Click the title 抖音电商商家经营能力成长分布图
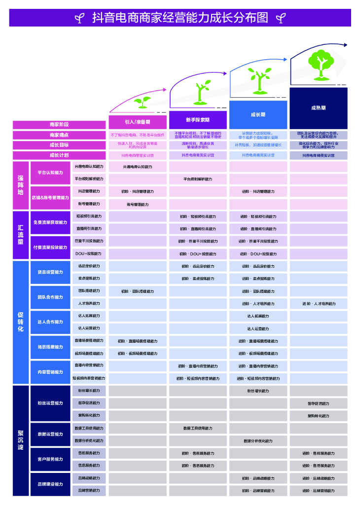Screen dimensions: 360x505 click(x=180, y=18)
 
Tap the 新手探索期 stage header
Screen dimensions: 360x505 click(x=198, y=120)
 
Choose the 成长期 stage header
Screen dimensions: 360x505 click(x=258, y=114)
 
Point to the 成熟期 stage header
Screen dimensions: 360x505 click(x=318, y=108)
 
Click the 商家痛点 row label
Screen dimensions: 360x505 click(x=59, y=135)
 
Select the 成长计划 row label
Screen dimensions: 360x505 click(x=59, y=155)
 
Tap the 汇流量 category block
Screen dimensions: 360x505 click(x=21, y=235)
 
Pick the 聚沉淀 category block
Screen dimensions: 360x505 click(x=21, y=440)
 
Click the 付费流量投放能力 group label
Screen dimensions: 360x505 click(x=50, y=248)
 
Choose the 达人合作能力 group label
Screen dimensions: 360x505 click(x=50, y=322)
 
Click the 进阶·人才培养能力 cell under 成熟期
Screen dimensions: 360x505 click(x=319, y=304)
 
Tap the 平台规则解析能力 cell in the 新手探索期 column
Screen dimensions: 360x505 click(x=198, y=179)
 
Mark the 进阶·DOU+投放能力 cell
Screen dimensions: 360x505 click(x=258, y=254)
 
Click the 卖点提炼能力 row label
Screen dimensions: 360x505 click(x=89, y=279)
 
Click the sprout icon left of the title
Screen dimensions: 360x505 click(x=79, y=19)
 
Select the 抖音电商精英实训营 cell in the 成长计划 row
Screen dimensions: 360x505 click(x=319, y=155)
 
